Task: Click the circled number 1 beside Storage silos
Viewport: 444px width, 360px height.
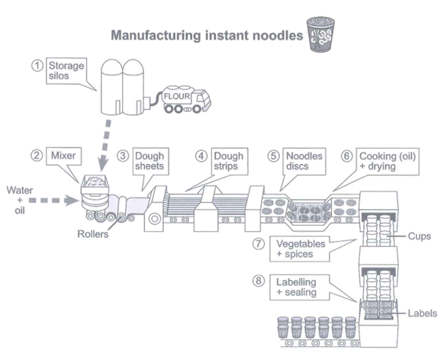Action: pyautogui.click(x=37, y=66)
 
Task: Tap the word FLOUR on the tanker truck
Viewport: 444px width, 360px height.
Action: pyautogui.click(x=177, y=96)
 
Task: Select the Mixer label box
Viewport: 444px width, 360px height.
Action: pyautogui.click(x=64, y=156)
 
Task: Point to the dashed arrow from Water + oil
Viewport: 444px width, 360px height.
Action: pyautogui.click(x=53, y=201)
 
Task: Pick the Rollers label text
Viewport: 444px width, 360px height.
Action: pyautogui.click(x=93, y=234)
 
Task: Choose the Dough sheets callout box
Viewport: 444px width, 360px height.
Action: pyautogui.click(x=150, y=161)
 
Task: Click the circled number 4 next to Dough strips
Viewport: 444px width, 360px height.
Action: pyautogui.click(x=201, y=156)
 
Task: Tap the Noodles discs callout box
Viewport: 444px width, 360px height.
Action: pyautogui.click(x=304, y=161)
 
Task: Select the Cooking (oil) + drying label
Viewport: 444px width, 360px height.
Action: pyautogui.click(x=388, y=161)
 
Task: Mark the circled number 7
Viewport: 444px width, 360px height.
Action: pyautogui.click(x=259, y=244)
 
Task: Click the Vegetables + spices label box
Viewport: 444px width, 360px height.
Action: pyautogui.click(x=300, y=249)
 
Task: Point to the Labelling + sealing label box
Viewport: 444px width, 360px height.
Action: pyautogui.click(x=300, y=288)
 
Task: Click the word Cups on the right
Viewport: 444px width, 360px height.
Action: pyautogui.click(x=420, y=236)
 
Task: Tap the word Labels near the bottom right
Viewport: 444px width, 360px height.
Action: pyautogui.click(x=422, y=313)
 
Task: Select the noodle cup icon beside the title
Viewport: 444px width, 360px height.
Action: pyautogui.click(x=321, y=34)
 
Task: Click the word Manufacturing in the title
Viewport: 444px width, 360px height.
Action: pyautogui.click(x=156, y=36)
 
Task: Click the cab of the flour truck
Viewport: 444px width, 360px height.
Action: pyautogui.click(x=202, y=100)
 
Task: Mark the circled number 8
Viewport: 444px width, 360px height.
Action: pyautogui.click(x=259, y=281)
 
